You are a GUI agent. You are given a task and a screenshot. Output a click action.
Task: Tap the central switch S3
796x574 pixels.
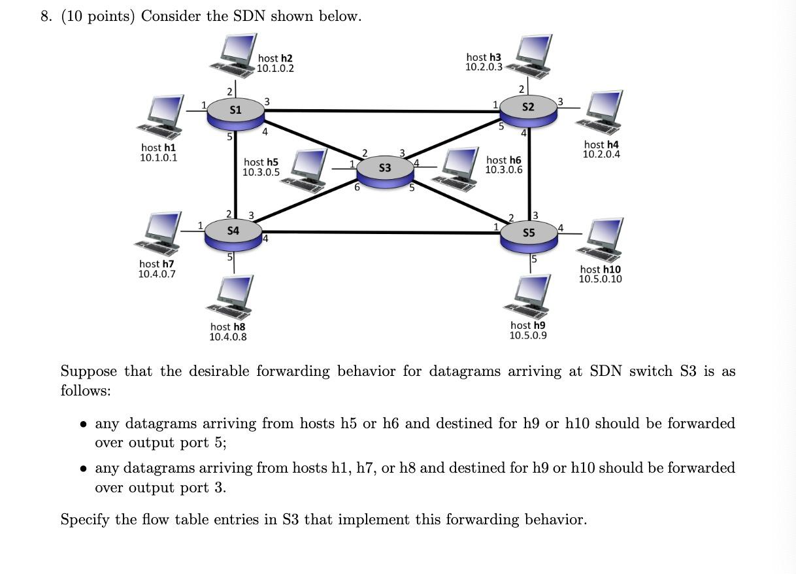pyautogui.click(x=385, y=169)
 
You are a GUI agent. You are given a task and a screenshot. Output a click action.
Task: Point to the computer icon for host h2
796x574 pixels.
pyautogui.click(x=235, y=55)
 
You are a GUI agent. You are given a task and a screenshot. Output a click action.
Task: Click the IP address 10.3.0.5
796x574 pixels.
pyautogui.click(x=261, y=173)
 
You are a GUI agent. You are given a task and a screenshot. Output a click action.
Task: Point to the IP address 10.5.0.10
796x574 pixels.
pyautogui.click(x=600, y=279)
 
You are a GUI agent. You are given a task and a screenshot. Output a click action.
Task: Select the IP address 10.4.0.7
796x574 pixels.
pyautogui.click(x=157, y=274)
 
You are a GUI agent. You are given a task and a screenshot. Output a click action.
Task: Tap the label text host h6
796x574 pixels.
pyautogui.click(x=504, y=160)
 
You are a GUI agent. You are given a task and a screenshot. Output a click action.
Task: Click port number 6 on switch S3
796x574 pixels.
pyautogui.click(x=357, y=187)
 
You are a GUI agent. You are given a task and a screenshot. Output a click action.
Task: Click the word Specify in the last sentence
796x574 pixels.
pyautogui.click(x=84, y=520)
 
